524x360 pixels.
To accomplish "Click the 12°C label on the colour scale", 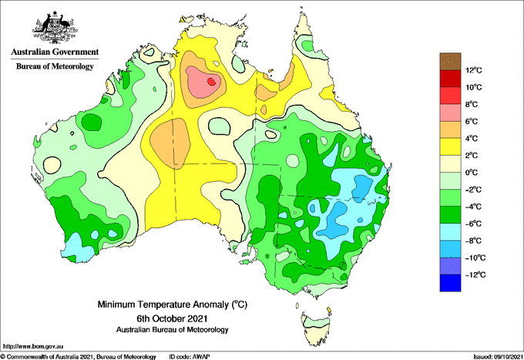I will tap(475, 70).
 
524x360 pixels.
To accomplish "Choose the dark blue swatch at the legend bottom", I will tap(449, 283).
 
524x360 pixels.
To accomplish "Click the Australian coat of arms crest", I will tap(55, 28).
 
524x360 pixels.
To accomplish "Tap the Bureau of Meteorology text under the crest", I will tap(55, 67).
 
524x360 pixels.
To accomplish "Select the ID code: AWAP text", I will tap(196, 356).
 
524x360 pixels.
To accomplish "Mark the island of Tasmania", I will tap(316, 323).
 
